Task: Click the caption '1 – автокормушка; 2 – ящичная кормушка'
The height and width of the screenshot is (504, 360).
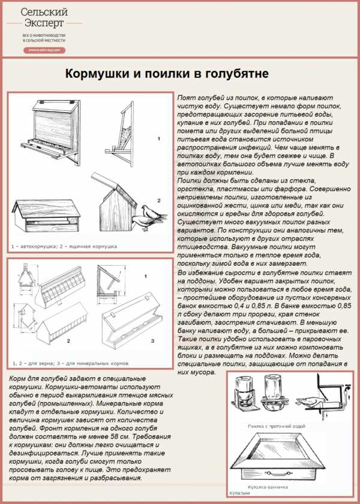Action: click(x=64, y=246)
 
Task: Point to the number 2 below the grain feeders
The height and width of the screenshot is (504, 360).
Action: click(x=68, y=341)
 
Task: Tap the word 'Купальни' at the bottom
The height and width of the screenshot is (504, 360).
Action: click(x=239, y=493)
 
